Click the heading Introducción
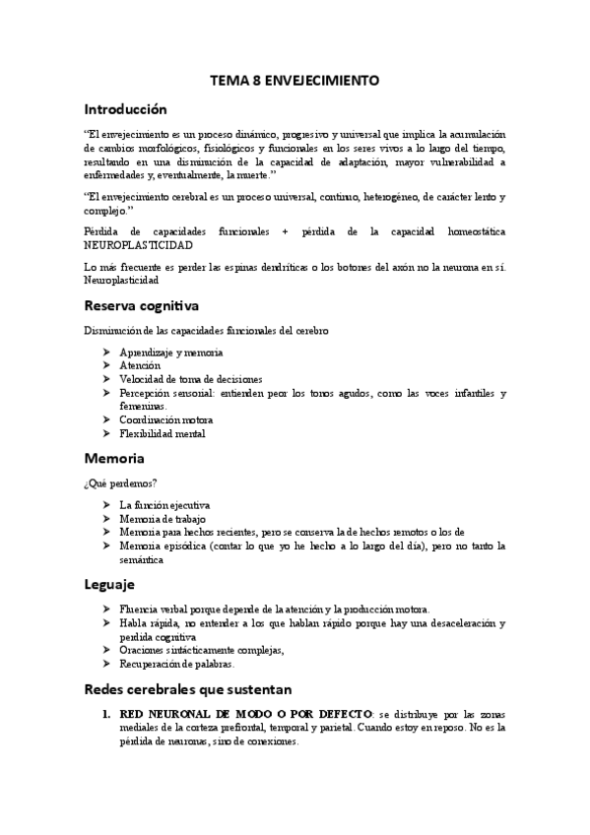pyautogui.click(x=125, y=109)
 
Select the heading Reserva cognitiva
pyautogui.click(x=142, y=305)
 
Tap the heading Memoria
pyautogui.click(x=115, y=458)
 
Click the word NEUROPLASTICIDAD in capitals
pyautogui.click(x=139, y=244)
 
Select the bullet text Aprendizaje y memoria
pyautogui.click(x=170, y=352)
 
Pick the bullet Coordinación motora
pyautogui.click(x=166, y=419)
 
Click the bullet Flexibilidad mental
pyautogui.click(x=163, y=433)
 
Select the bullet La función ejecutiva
pyautogui.click(x=164, y=504)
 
